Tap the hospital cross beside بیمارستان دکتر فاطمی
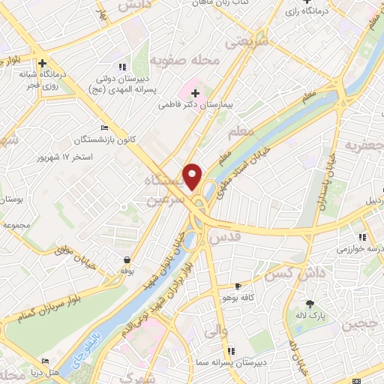(196, 93)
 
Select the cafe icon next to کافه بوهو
(238, 286)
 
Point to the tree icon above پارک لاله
(310, 303)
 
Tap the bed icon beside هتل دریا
(45, 361)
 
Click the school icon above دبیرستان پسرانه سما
(231, 350)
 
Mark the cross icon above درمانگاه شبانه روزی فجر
(43, 64)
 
